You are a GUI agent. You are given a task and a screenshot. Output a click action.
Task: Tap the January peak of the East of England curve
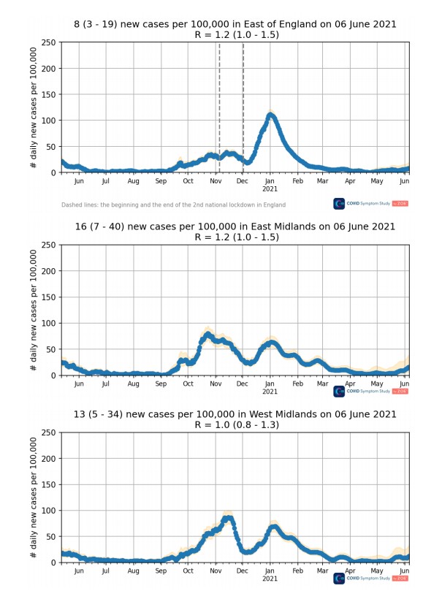(x=271, y=115)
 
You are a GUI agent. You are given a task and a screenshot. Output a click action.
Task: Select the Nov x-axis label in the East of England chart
(x=216, y=180)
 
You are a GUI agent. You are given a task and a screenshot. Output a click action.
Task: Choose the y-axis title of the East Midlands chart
(x=34, y=310)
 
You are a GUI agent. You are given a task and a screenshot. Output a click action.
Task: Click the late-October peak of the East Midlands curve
(x=207, y=335)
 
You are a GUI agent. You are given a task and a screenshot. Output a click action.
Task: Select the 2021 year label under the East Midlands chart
(x=270, y=392)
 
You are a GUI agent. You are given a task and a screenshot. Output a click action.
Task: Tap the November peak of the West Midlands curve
(x=229, y=518)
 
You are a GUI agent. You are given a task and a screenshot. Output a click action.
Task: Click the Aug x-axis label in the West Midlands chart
(x=134, y=570)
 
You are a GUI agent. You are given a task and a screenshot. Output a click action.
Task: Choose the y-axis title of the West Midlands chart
(x=34, y=497)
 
